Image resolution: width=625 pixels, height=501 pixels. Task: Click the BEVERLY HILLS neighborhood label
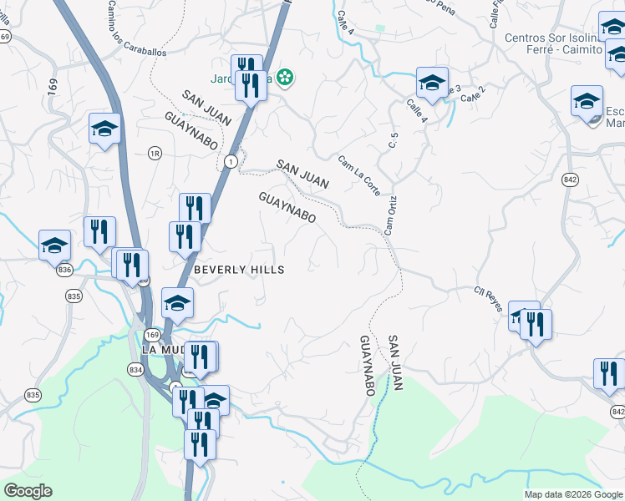coord(239,270)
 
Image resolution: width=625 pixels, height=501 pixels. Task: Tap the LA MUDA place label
coord(159,349)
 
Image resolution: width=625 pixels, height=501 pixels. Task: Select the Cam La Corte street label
coord(359,175)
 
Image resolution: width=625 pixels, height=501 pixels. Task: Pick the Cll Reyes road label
coord(489,301)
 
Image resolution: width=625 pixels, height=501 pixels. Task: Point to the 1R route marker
coord(154,153)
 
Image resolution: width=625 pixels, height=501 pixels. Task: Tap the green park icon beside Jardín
coord(286,78)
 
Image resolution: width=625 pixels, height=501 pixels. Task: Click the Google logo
coord(28,491)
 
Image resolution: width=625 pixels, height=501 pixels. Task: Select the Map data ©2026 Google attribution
coord(573,494)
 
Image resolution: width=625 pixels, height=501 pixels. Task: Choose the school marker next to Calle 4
coord(432,83)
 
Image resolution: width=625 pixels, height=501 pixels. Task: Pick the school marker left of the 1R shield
coord(104,129)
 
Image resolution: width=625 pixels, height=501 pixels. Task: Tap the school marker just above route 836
coord(54,245)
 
